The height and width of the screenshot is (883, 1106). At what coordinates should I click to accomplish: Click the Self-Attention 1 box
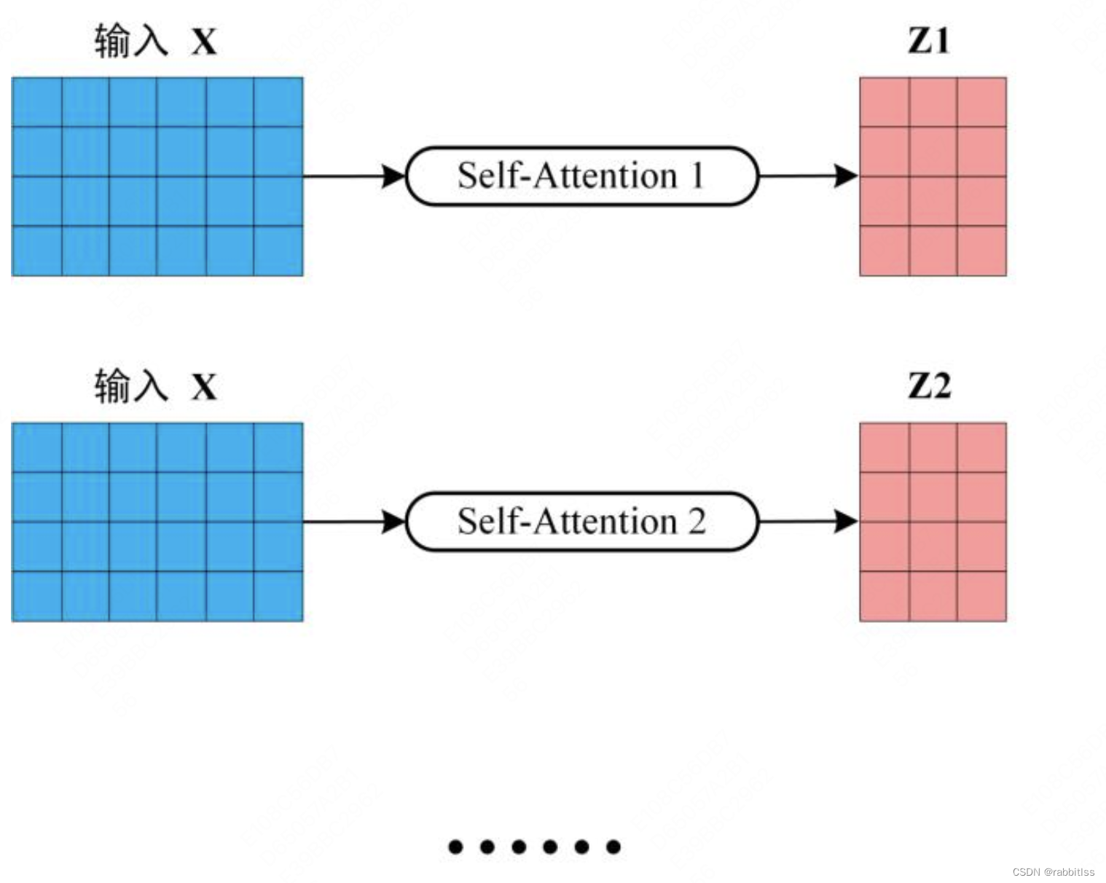click(581, 176)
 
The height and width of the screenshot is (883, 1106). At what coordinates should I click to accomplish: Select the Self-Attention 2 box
click(581, 522)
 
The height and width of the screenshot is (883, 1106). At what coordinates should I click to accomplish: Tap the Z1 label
click(929, 40)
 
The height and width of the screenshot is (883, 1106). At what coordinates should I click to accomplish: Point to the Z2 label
click(929, 385)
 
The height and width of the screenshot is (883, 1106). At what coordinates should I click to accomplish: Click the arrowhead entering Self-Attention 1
click(394, 176)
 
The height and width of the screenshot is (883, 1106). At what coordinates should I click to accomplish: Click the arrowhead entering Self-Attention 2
click(394, 522)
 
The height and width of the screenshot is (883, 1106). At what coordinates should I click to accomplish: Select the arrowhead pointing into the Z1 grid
click(847, 176)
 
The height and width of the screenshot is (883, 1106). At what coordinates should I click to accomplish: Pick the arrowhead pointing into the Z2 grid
click(847, 521)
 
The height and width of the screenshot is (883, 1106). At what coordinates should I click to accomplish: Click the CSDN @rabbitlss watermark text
click(1053, 872)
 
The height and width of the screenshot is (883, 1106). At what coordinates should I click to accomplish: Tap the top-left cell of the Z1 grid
click(885, 102)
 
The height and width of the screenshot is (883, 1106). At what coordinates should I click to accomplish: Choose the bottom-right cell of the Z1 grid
click(981, 251)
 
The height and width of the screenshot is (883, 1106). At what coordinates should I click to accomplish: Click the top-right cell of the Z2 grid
click(981, 447)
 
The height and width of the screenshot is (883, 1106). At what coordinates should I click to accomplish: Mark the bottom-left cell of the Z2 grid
click(885, 597)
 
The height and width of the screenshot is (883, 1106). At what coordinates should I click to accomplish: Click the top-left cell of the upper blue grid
click(37, 102)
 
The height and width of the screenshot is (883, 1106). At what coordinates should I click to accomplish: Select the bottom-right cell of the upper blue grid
click(278, 251)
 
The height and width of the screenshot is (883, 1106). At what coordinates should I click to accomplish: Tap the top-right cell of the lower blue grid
click(278, 447)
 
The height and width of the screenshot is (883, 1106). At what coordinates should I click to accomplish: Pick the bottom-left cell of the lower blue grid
click(37, 597)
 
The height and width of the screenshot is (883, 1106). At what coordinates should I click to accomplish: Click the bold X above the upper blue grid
click(204, 42)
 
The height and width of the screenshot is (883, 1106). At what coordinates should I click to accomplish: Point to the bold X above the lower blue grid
click(204, 387)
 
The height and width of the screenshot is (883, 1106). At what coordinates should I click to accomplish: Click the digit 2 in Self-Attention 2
click(697, 522)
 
